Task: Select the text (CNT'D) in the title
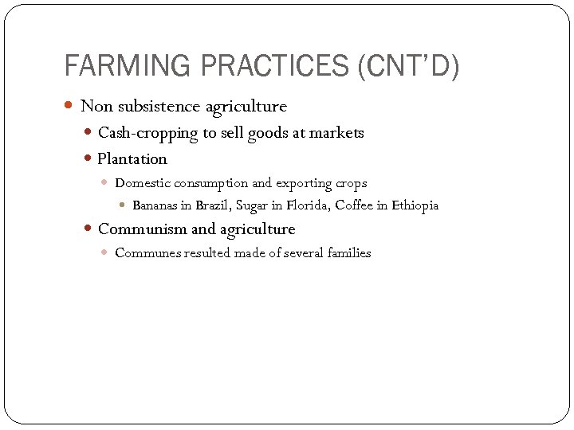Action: click(409, 66)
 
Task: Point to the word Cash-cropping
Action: click(147, 133)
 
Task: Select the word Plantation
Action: click(132, 158)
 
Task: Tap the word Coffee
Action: click(354, 205)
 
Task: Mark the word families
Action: click(348, 253)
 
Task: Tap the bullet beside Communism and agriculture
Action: click(89, 229)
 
